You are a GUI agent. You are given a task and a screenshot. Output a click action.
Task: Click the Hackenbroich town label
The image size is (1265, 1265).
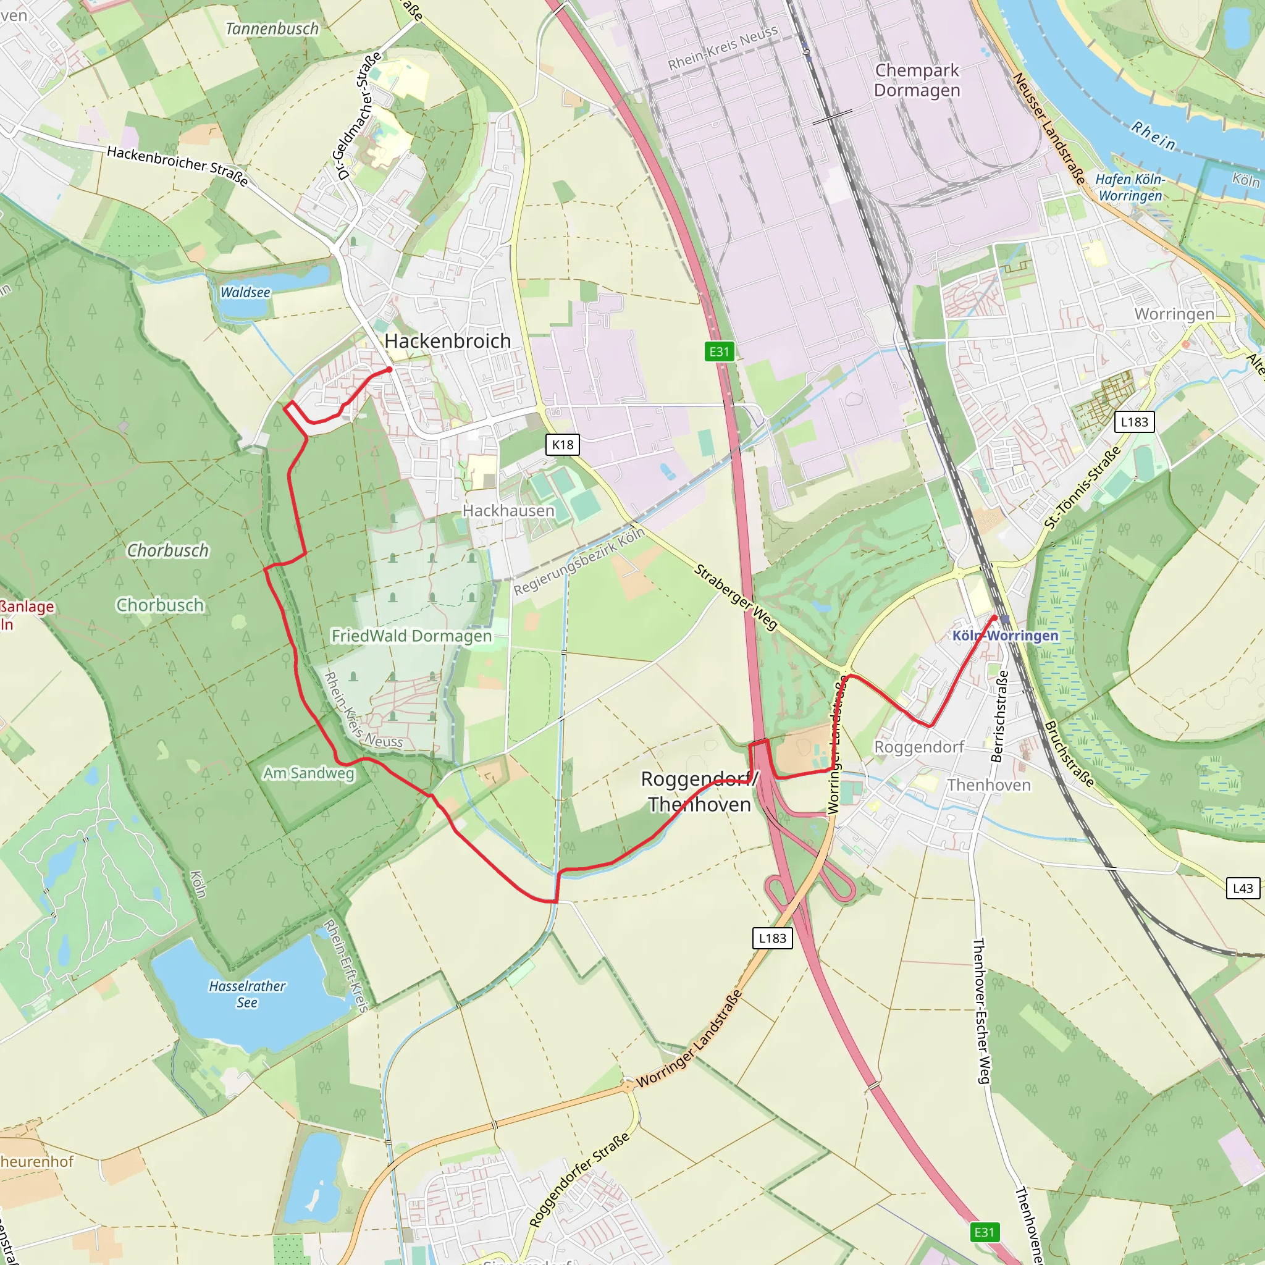(447, 341)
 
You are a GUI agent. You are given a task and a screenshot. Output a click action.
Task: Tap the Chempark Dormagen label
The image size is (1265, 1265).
(917, 80)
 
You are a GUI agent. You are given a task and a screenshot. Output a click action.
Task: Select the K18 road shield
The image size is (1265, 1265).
(563, 445)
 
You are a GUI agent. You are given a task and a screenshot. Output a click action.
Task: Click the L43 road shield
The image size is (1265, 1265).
(1242, 888)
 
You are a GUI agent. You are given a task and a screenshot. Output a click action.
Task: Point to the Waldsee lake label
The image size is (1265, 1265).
(245, 293)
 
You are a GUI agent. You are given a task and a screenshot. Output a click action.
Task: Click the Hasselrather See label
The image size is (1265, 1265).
(247, 994)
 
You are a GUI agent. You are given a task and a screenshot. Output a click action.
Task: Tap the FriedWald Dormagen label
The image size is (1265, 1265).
(411, 636)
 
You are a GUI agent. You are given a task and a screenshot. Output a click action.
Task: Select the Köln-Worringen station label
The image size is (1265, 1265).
(1005, 636)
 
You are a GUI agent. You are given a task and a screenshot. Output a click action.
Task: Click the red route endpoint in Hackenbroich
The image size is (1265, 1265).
(390, 370)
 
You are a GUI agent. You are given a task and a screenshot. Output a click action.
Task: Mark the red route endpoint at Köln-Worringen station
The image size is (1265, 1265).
(994, 618)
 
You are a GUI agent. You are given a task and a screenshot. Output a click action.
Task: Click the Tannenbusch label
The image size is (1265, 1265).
(272, 29)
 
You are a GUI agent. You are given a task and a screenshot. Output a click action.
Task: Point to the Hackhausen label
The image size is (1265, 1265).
(508, 510)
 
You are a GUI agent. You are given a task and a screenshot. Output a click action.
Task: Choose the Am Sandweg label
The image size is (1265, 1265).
(308, 773)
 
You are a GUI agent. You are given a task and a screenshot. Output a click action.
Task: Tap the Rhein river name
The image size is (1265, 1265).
(1154, 135)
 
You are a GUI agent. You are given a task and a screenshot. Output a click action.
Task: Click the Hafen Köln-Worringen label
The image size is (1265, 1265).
(1130, 187)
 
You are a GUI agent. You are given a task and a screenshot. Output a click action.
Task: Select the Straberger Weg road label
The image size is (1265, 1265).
(735, 597)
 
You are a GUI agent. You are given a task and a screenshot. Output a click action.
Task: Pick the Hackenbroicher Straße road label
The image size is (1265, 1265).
(177, 166)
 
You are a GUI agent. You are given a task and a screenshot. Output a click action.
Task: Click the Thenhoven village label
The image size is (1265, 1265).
(989, 785)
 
